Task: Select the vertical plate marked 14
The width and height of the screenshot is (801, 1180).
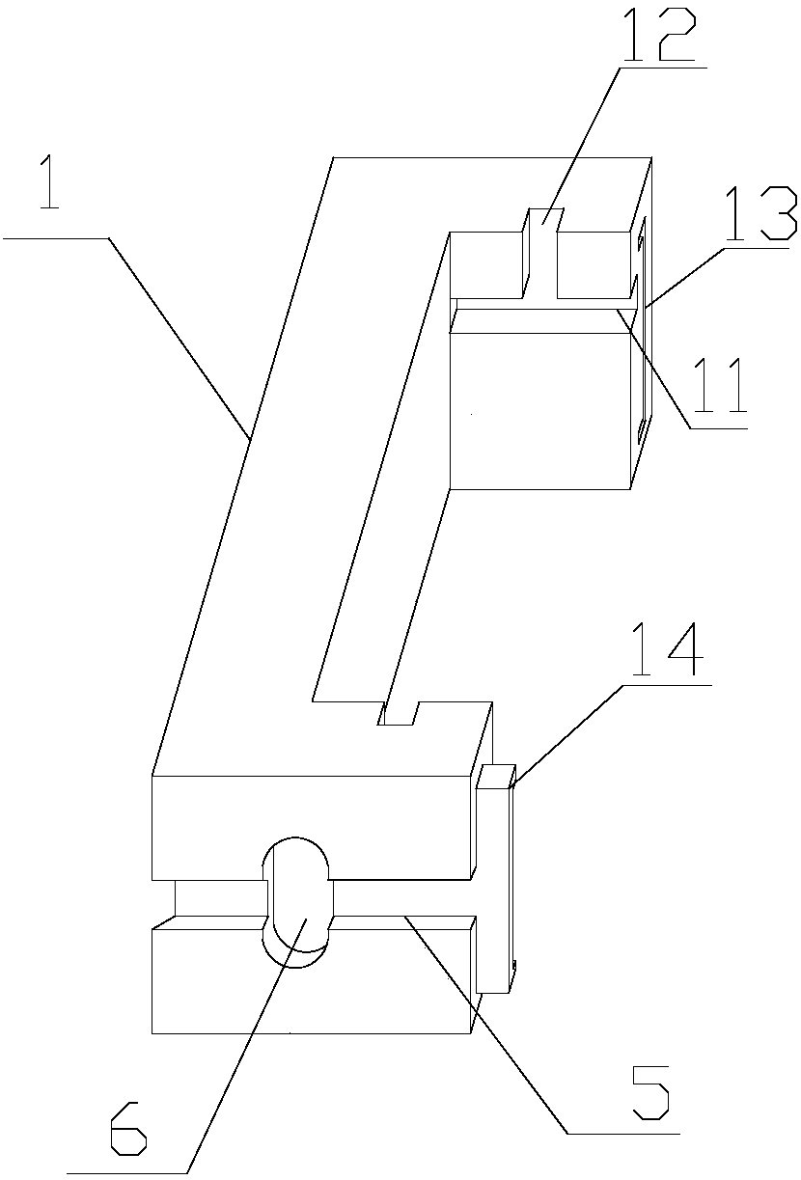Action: click(x=493, y=878)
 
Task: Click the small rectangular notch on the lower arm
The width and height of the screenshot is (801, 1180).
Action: click(x=398, y=714)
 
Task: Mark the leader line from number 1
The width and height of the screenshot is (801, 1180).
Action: click(x=179, y=333)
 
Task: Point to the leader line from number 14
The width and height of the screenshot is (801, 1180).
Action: click(x=565, y=733)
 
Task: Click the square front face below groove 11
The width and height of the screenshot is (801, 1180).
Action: click(x=540, y=405)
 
